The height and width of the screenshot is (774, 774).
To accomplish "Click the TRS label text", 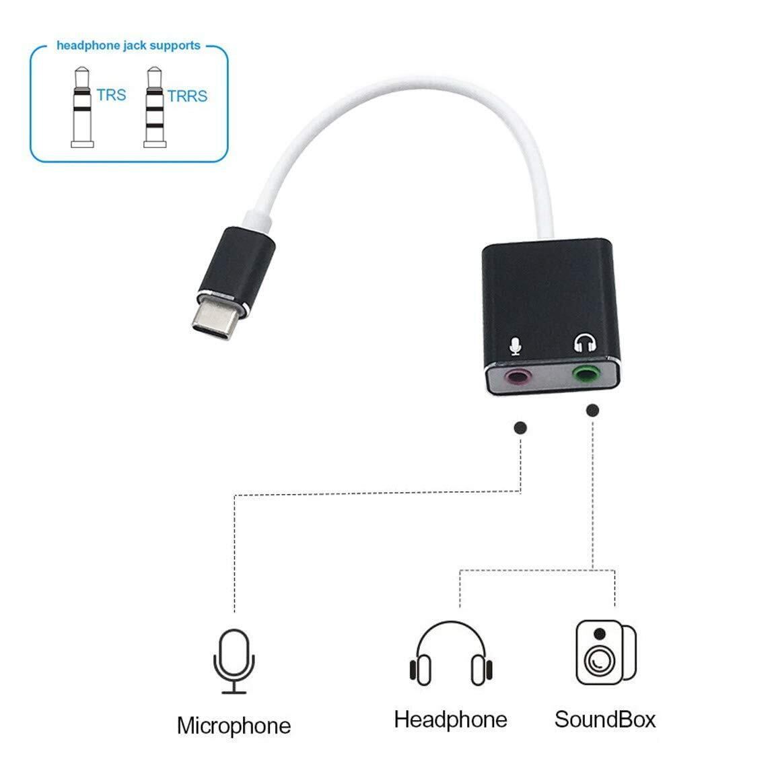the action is (x=111, y=94).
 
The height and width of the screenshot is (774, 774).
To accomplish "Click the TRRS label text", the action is (x=187, y=96).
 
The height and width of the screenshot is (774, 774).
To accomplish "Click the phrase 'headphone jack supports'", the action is (x=129, y=46).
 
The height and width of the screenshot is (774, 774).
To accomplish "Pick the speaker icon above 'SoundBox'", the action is (x=605, y=652).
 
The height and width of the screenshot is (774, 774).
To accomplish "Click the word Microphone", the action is (x=234, y=726).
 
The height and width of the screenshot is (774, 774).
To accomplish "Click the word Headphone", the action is (x=450, y=719).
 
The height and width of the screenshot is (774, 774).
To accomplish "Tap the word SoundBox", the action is (x=604, y=719).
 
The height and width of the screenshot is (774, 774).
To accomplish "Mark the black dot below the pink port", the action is (x=520, y=427).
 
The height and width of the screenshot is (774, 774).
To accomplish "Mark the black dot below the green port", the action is (x=592, y=410).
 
